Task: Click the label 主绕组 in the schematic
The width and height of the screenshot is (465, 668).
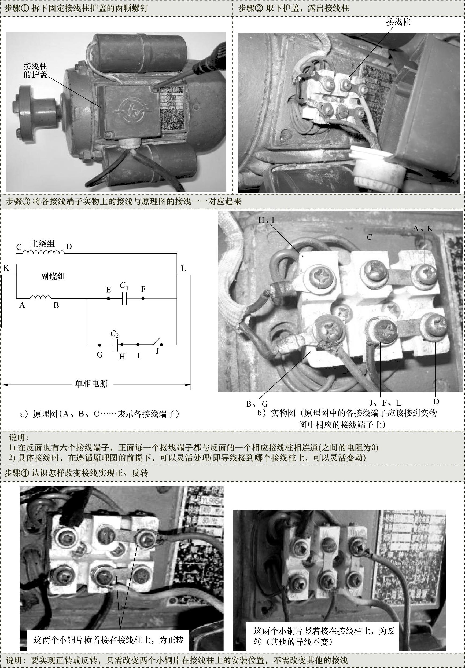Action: (42, 243)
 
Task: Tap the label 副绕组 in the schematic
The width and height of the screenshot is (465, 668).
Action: (53, 276)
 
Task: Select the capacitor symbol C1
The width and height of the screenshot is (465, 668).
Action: (124, 298)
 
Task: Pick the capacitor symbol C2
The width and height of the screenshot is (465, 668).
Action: (115, 345)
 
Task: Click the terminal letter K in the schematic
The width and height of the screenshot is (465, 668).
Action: (6, 268)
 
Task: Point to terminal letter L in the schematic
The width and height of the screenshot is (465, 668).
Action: (183, 268)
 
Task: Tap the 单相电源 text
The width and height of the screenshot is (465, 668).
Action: (91, 384)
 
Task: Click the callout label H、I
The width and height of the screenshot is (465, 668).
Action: (266, 220)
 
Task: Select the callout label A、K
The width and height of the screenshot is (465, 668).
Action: (423, 228)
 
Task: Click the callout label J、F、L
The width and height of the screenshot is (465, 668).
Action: (385, 403)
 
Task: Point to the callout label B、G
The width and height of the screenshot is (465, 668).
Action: (257, 404)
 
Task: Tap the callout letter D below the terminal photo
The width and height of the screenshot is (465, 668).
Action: (436, 401)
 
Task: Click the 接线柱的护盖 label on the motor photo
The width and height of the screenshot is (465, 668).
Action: (35, 70)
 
